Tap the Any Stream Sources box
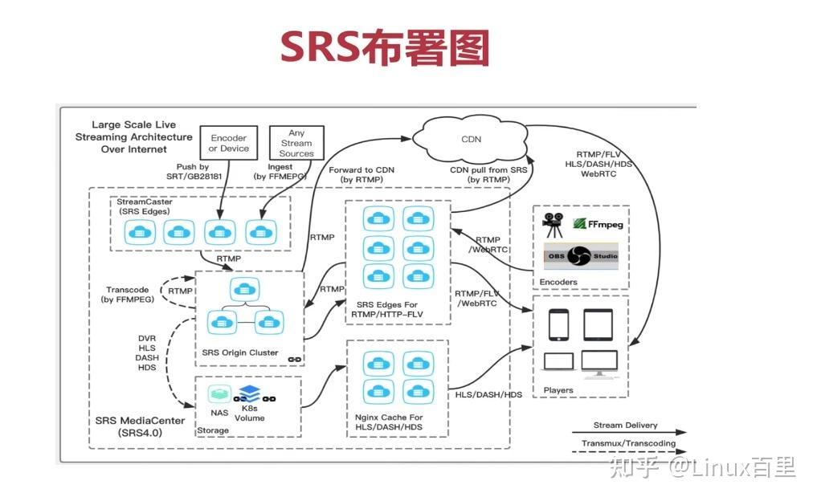(x=296, y=144)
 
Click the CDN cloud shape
(x=471, y=139)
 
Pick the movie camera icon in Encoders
(x=554, y=226)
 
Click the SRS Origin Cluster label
(x=241, y=352)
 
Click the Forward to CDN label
(x=362, y=174)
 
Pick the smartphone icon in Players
(x=559, y=324)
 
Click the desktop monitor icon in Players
(x=599, y=364)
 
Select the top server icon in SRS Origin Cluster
(x=240, y=289)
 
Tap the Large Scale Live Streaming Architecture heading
(x=133, y=136)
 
